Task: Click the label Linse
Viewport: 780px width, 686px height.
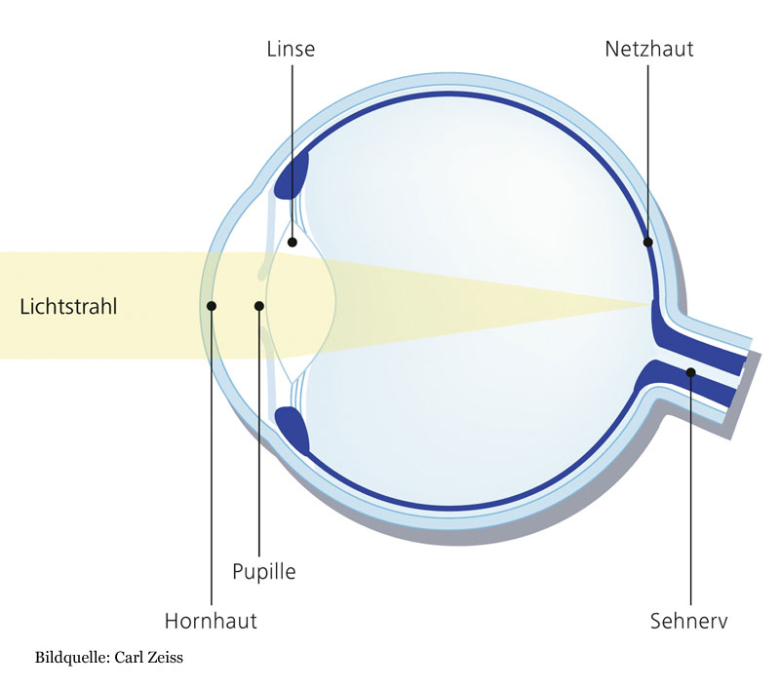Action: pos(292,48)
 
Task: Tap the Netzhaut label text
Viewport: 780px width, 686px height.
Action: pos(648,48)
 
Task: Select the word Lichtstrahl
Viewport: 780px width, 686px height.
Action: pos(68,306)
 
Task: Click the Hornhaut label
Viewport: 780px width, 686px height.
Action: pos(211,621)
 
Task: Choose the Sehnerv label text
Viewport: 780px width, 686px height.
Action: pos(689,621)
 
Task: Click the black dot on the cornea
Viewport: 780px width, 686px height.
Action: pos(212,306)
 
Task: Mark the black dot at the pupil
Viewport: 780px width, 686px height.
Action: pos(259,306)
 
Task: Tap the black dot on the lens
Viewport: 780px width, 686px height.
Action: pos(292,241)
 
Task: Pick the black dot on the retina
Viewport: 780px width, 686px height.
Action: pos(648,241)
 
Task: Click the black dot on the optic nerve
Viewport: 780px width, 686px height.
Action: pos(690,371)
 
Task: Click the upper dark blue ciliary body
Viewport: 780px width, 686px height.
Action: pos(293,172)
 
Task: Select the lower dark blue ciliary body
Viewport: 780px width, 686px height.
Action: pos(292,430)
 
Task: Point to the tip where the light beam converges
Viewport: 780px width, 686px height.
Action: pos(650,306)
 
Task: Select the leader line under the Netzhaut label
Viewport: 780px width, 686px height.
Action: pos(648,146)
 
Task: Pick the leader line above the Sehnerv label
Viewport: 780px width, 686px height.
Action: pos(690,487)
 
